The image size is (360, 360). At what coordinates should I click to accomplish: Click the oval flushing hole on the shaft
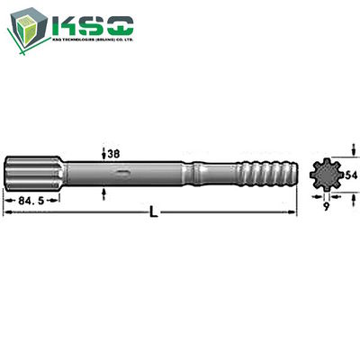(x=121, y=174)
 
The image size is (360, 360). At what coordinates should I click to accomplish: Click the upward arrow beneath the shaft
(x=105, y=190)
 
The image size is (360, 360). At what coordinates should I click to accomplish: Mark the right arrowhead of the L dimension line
(x=292, y=212)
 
